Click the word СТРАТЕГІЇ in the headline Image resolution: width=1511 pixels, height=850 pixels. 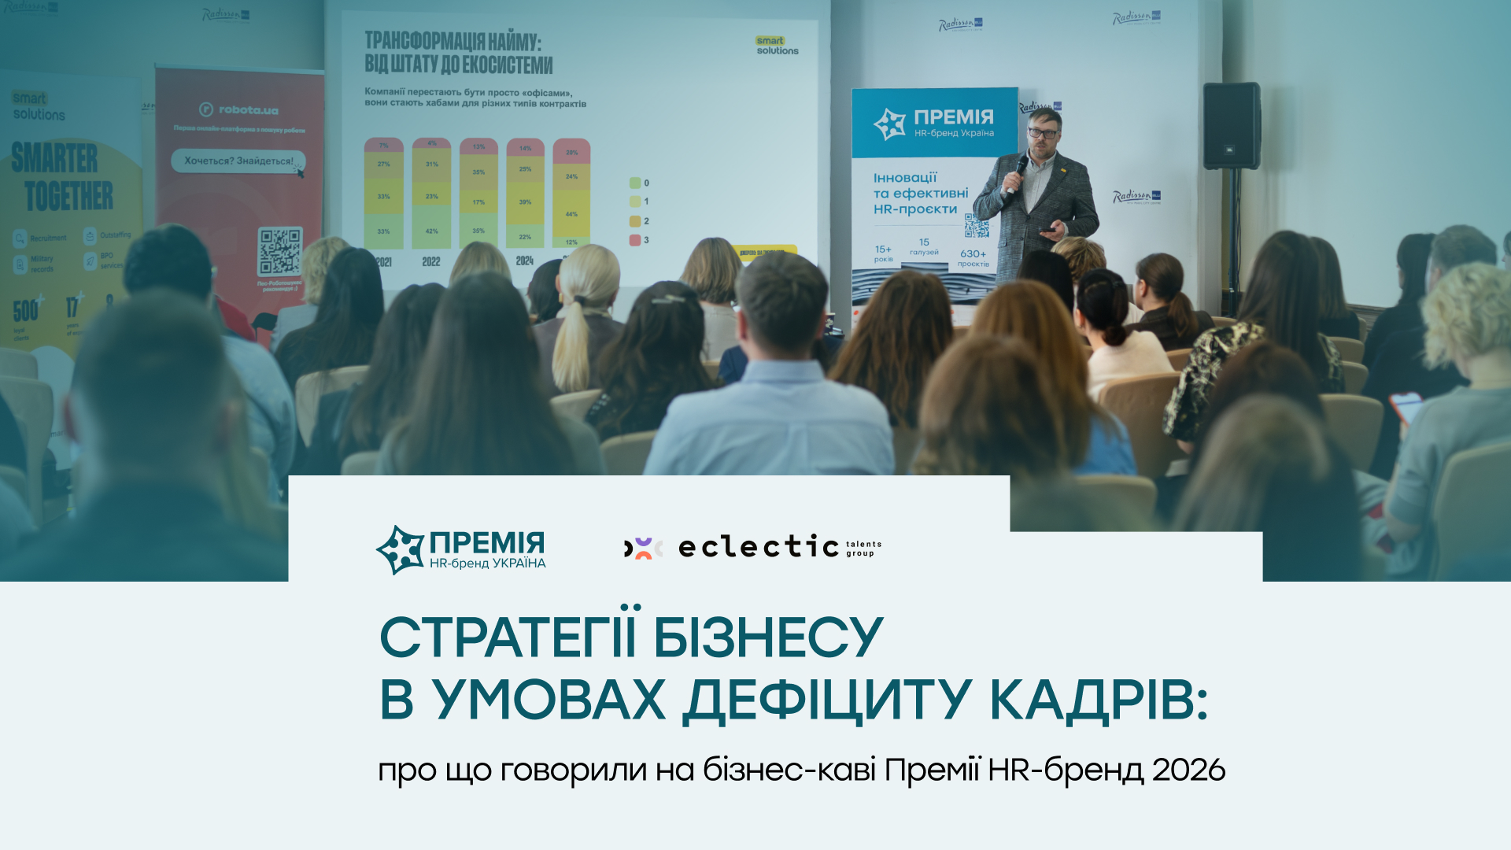pyautogui.click(x=508, y=637)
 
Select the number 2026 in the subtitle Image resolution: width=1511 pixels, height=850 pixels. pyautogui.click(x=1188, y=770)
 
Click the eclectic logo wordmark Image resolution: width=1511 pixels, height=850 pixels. pyautogui.click(x=759, y=546)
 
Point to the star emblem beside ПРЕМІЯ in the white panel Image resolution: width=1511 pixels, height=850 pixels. pyautogui.click(x=401, y=549)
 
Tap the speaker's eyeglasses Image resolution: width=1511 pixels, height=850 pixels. pyautogui.click(x=1043, y=134)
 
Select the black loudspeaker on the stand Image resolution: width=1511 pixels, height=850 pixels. pyautogui.click(x=1231, y=126)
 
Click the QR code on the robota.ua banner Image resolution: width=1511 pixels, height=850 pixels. pyautogui.click(x=280, y=251)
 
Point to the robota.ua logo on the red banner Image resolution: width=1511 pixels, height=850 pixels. pyautogui.click(x=239, y=109)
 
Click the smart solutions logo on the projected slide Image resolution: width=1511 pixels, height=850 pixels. pyautogui.click(x=776, y=46)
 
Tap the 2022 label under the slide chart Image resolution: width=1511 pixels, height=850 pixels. pyautogui.click(x=431, y=262)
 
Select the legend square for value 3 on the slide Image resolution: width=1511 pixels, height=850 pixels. pyautogui.click(x=634, y=240)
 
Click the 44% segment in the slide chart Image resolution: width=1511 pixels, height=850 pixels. pyautogui.click(x=571, y=214)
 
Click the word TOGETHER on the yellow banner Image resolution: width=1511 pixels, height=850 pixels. pyautogui.click(x=68, y=196)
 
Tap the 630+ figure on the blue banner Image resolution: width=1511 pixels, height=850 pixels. pyautogui.click(x=973, y=253)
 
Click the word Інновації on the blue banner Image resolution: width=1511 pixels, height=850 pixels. pyautogui.click(x=905, y=178)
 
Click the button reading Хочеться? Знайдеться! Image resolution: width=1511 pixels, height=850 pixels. pyautogui.click(x=238, y=161)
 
